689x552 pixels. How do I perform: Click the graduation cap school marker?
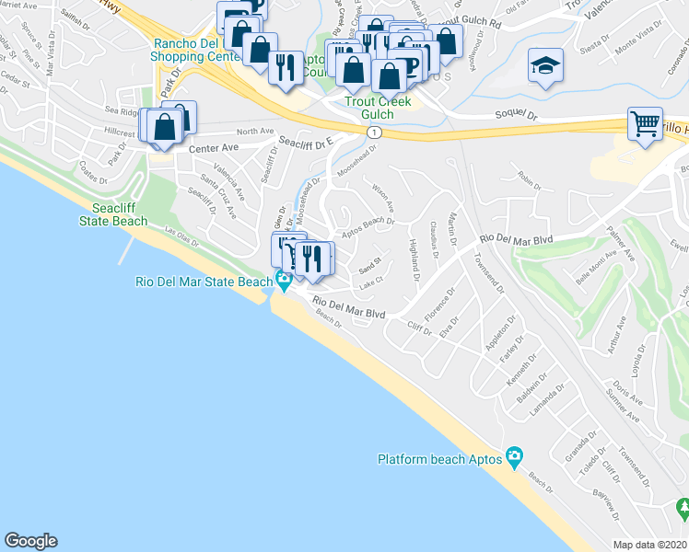(545, 66)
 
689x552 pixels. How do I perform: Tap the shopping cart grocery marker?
(645, 122)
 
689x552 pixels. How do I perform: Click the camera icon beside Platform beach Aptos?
(514, 457)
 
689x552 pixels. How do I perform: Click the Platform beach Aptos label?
(439, 458)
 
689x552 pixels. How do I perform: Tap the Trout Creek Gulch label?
(378, 108)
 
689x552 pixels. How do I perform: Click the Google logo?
(30, 541)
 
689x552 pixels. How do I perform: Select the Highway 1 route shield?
(373, 133)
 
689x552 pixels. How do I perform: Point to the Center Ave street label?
(214, 147)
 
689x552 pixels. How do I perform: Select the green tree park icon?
(683, 507)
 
